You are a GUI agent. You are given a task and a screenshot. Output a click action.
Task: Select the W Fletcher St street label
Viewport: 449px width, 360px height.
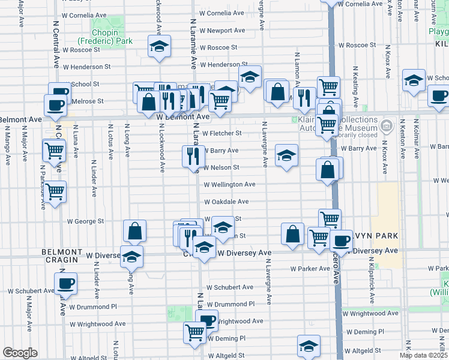(x=221, y=133)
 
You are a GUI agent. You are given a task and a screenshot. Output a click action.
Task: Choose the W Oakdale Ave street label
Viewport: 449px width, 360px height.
(x=226, y=202)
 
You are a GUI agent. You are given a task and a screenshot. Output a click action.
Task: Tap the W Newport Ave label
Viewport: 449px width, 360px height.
(x=223, y=31)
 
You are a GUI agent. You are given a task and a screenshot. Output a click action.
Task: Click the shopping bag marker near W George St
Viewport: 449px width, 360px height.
(x=135, y=230)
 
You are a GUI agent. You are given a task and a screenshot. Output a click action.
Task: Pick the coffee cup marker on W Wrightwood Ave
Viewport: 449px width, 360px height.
(x=208, y=320)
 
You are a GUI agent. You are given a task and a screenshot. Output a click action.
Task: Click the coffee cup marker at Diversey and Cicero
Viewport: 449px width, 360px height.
(x=341, y=241)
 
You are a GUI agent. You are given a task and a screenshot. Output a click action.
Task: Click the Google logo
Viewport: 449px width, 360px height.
(x=20, y=353)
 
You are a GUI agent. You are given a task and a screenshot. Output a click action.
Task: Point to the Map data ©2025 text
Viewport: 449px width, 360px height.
(x=424, y=355)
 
